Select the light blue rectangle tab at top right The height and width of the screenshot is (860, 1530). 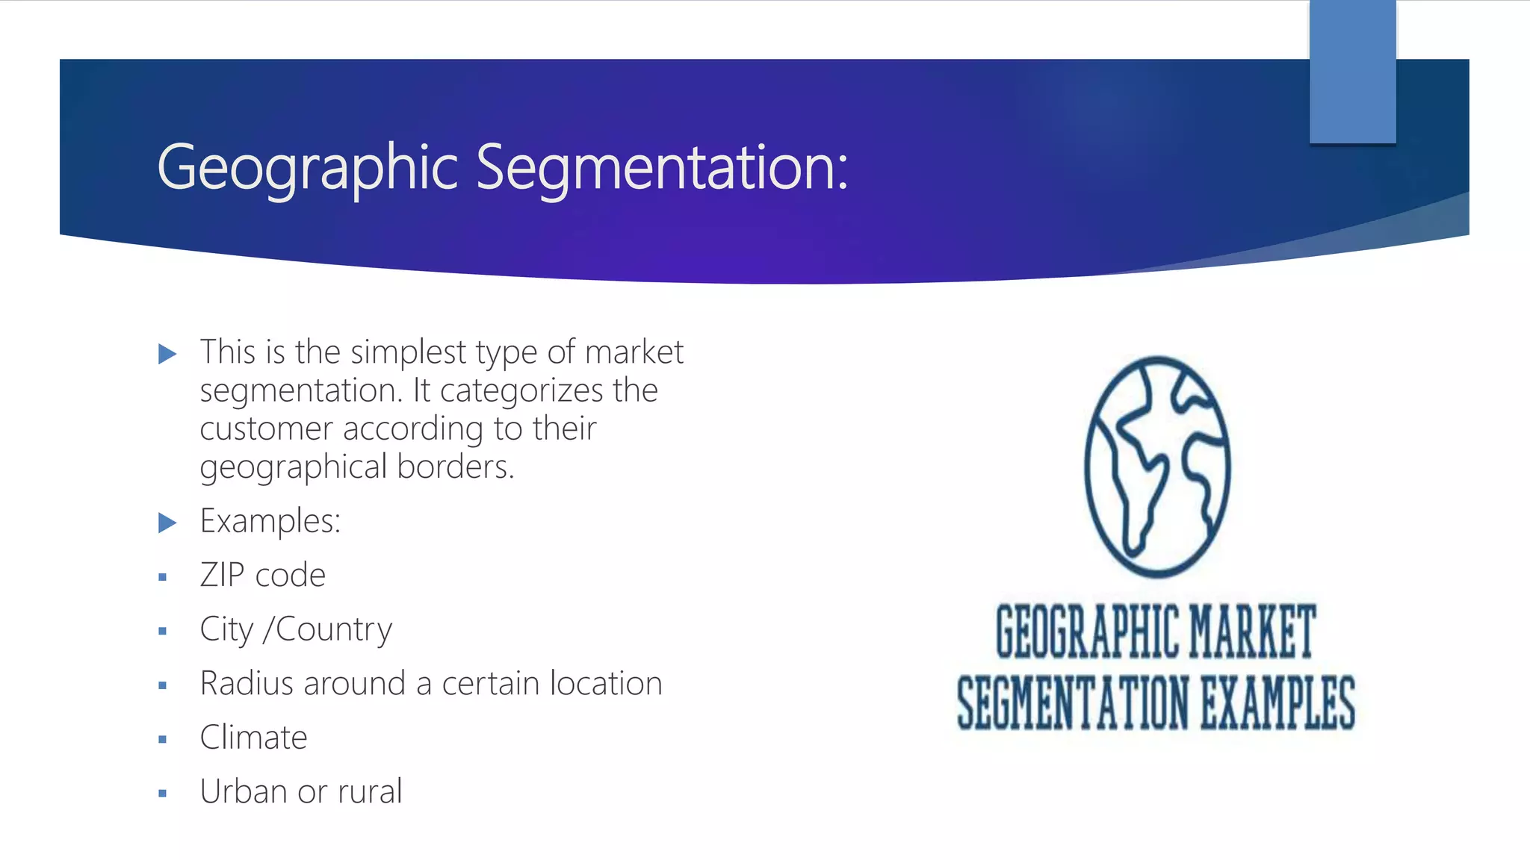[1352, 72]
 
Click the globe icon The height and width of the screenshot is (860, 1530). [1157, 467]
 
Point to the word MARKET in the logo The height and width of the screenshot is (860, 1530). [1252, 632]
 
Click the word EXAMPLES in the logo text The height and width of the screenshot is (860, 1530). [1277, 702]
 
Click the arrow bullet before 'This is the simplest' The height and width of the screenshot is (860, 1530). [167, 354]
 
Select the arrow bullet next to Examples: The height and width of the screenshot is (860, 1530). [167, 523]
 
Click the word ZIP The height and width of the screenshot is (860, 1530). [222, 576]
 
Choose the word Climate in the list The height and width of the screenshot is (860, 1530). [253, 738]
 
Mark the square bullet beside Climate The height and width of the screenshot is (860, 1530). [162, 740]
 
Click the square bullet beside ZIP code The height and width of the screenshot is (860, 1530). [162, 577]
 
